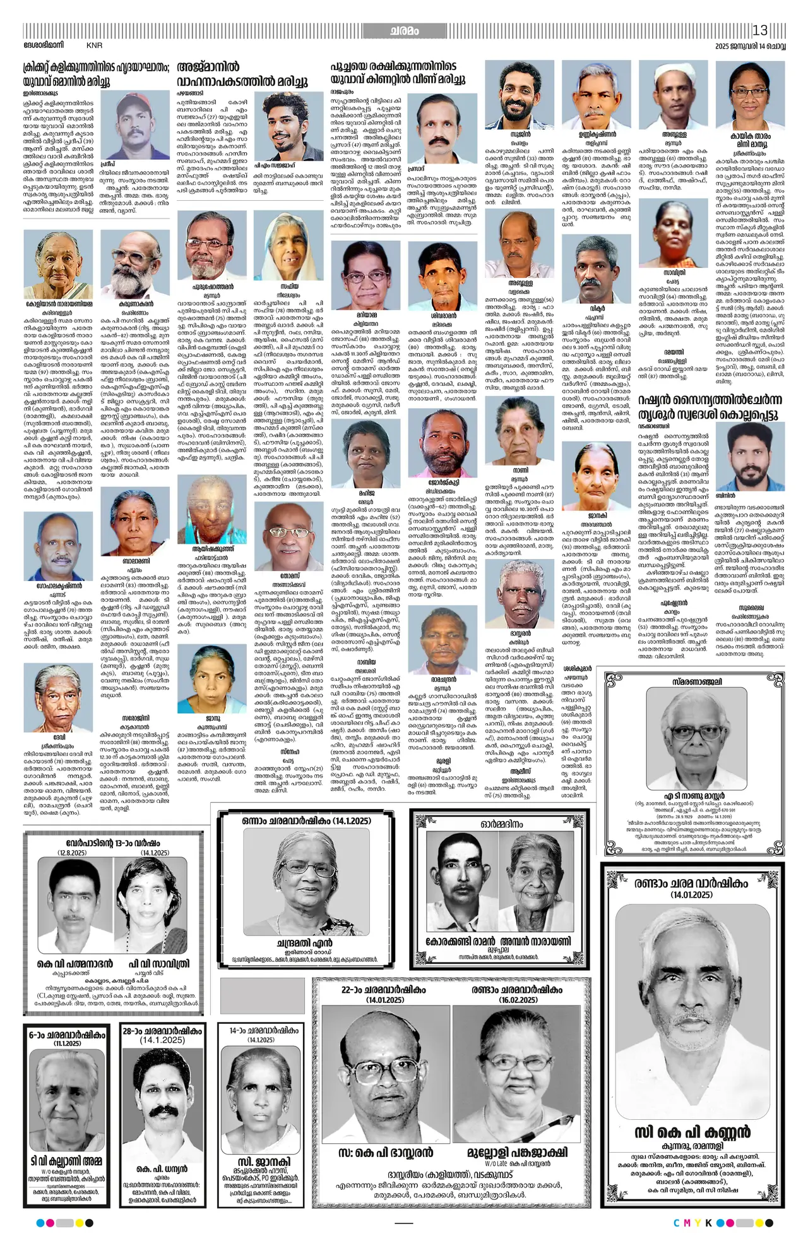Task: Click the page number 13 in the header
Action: click(759, 30)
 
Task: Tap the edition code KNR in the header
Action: click(94, 45)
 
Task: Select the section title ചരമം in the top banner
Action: click(404, 31)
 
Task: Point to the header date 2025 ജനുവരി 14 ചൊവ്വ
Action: click(750, 46)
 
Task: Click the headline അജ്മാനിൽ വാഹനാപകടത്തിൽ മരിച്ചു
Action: click(243, 74)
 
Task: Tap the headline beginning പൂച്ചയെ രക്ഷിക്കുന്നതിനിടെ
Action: click(398, 73)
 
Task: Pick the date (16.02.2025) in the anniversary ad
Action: click(518, 1000)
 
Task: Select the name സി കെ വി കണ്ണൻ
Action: click(693, 1131)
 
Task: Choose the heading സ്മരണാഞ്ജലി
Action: click(696, 682)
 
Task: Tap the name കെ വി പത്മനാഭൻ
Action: click(75, 963)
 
